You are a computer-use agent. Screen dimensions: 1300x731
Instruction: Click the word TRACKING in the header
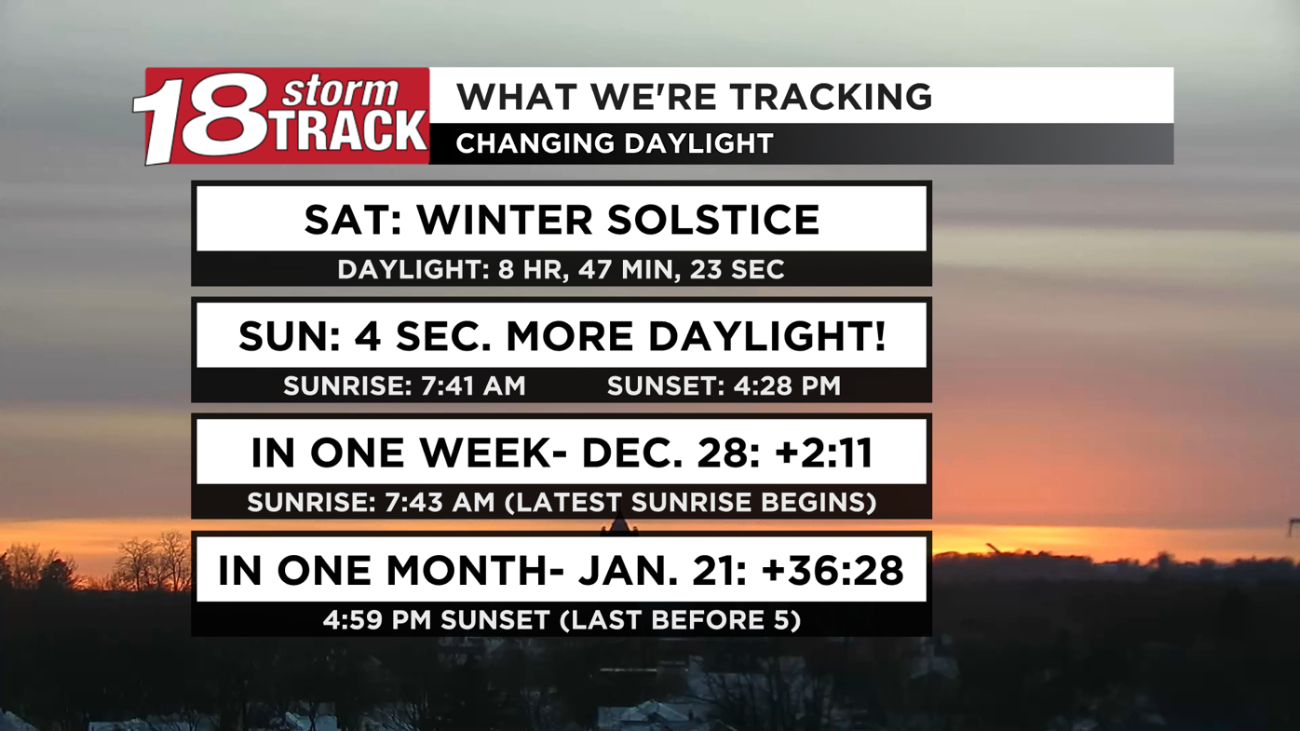coord(830,96)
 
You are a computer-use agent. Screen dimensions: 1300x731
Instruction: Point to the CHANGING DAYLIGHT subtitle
coord(615,143)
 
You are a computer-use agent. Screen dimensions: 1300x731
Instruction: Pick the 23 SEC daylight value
coord(737,270)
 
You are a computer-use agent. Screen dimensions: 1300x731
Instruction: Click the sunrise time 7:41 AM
coord(473,386)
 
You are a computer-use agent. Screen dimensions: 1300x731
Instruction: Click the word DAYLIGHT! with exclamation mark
coord(767,336)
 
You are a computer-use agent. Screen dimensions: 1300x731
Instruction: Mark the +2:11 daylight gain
coord(823,453)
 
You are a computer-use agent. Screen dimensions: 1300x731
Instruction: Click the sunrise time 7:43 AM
coord(440,503)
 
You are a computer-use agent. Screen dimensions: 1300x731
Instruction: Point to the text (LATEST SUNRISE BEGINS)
coord(690,503)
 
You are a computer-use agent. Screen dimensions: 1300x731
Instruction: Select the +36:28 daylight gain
coord(833,570)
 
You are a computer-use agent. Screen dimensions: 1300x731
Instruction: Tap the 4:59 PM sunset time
coord(377,620)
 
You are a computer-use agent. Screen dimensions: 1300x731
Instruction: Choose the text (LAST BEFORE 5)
coord(680,620)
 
